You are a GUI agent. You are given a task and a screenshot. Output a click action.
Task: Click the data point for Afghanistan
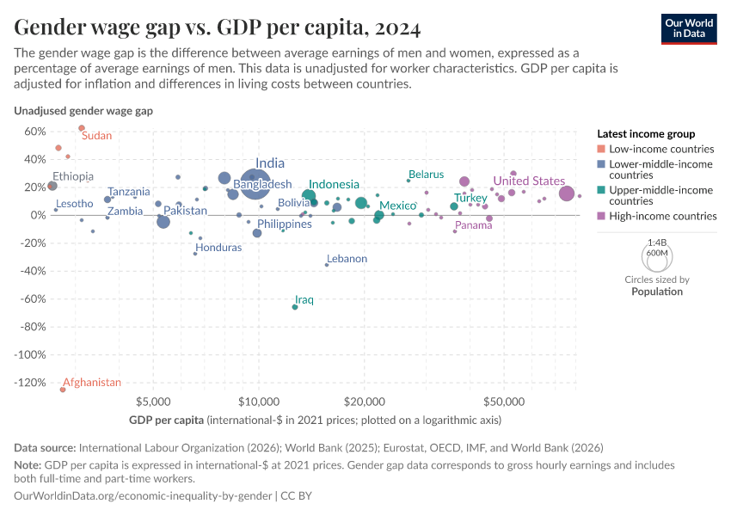[63, 390]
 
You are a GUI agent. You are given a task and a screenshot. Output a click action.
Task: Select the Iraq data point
[295, 307]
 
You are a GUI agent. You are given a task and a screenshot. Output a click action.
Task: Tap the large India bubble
[254, 183]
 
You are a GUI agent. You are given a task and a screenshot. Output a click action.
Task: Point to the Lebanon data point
[327, 265]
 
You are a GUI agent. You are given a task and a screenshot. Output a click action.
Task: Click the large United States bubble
[567, 193]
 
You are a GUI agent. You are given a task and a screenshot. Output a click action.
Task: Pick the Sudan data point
[82, 128]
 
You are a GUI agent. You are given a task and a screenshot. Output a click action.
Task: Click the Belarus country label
[426, 175]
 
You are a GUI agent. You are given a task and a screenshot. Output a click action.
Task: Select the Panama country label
[473, 225]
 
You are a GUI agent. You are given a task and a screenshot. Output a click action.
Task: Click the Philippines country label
[284, 224]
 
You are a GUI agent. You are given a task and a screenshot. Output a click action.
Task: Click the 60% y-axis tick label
[34, 132]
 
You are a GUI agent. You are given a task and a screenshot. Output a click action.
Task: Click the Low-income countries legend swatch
[601, 149]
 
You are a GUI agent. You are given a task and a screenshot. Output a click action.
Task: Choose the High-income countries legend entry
[662, 217]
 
